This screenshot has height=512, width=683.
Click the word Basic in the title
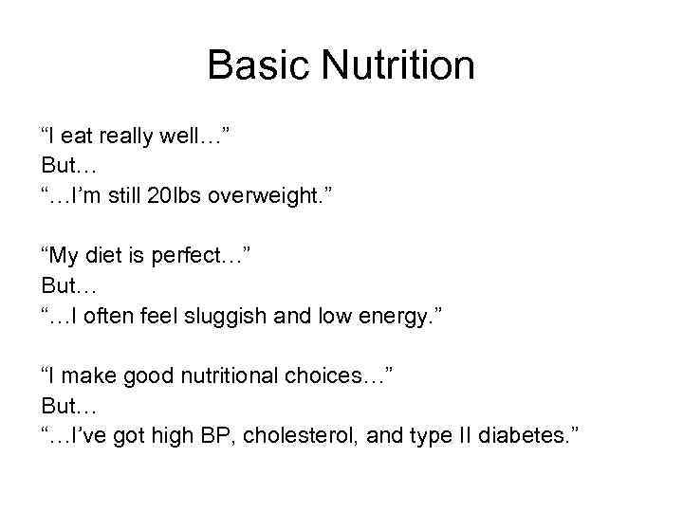259,66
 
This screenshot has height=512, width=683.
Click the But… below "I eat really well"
69,166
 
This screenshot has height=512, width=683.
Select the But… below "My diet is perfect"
69,285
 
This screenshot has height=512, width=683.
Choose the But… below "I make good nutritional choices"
69,405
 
